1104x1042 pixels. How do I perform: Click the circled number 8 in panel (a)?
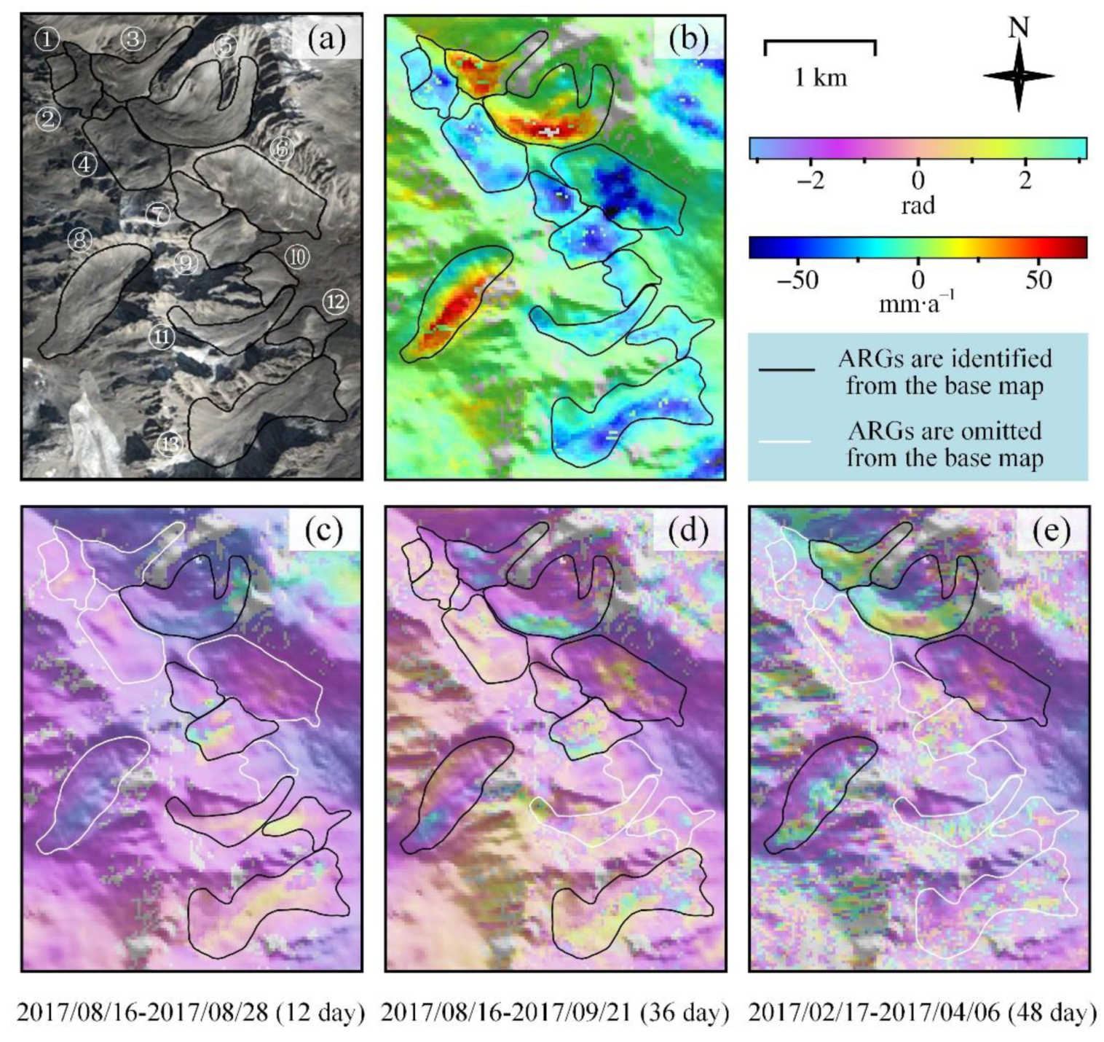point(80,240)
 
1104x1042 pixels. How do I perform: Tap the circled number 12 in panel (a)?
point(335,302)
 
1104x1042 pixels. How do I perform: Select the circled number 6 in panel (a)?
point(282,149)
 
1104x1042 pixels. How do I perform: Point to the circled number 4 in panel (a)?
point(85,165)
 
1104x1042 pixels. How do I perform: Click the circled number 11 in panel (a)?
point(162,337)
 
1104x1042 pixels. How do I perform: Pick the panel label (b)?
point(688,39)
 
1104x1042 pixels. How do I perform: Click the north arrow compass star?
point(1019,76)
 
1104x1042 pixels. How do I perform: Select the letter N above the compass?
point(1019,28)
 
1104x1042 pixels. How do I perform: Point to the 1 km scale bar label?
point(821,77)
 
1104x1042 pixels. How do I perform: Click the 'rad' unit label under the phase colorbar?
point(918,206)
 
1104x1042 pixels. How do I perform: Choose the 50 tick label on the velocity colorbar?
point(1038,280)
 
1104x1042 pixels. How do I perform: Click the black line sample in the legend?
point(786,371)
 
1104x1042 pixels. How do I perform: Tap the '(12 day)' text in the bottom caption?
point(320,1013)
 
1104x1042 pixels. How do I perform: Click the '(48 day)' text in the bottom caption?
point(1052,1013)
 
